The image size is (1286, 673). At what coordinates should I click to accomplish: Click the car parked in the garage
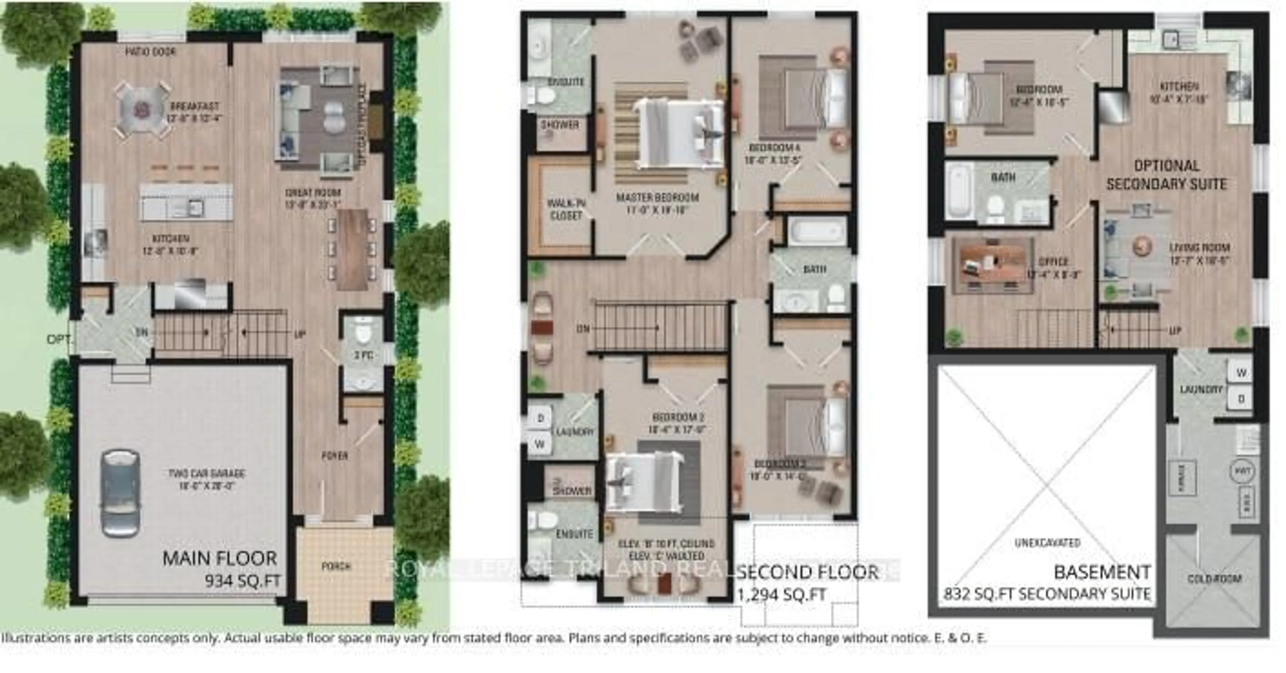coord(120,493)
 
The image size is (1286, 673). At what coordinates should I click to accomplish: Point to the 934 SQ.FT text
coord(242,581)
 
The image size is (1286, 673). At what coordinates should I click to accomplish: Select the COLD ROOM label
coord(1214,579)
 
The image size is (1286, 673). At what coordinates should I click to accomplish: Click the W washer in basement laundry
coord(1241,372)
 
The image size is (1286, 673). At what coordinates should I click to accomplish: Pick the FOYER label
coord(335,455)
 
